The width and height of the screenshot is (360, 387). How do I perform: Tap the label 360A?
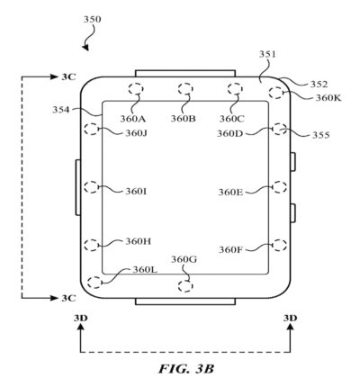point(133,118)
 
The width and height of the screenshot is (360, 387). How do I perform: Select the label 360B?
point(183,118)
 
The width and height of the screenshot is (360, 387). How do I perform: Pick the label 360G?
point(184,260)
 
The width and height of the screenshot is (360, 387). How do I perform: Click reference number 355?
point(320,136)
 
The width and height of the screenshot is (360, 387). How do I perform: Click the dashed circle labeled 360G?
point(185,285)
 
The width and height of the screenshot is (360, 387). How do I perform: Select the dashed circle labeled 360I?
point(91,187)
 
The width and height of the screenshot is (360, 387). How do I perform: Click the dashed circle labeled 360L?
point(94,280)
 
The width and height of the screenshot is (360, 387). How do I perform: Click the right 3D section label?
point(290,318)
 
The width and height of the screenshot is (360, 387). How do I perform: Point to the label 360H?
point(138,240)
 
